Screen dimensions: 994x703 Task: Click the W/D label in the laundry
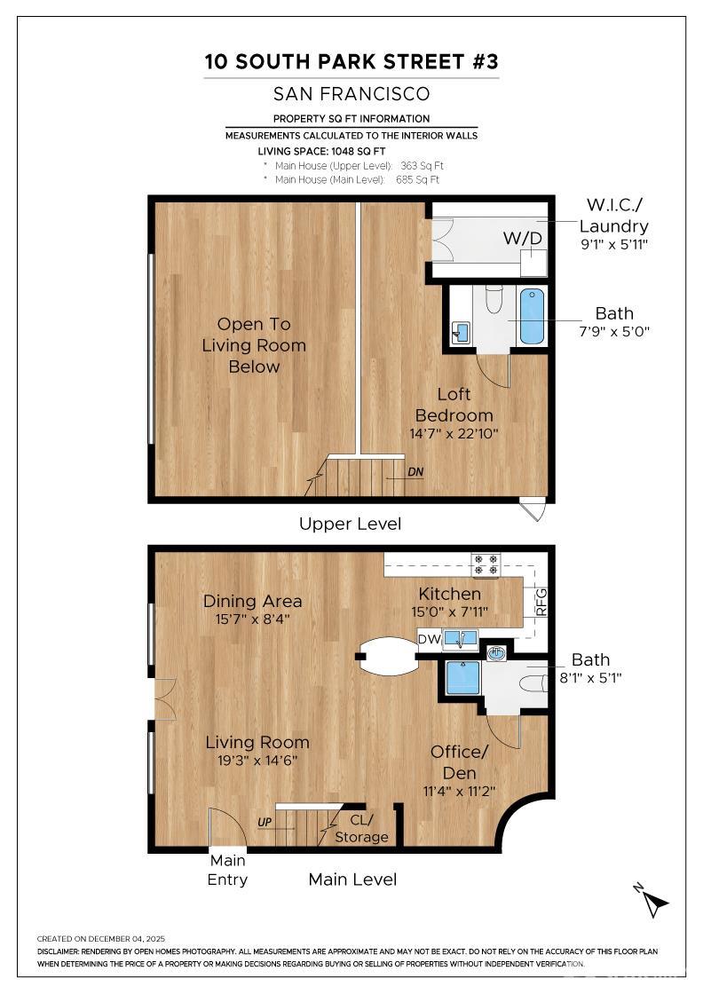click(x=523, y=238)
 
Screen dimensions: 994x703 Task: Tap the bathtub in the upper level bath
click(x=533, y=316)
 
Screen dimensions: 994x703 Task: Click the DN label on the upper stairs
click(x=415, y=471)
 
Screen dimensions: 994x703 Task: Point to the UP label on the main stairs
click(x=265, y=823)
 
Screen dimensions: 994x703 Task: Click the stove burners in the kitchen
click(x=486, y=565)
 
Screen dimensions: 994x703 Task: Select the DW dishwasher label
click(x=430, y=638)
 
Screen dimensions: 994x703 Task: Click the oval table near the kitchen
click(x=388, y=657)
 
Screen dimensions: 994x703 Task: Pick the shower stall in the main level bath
click(x=462, y=677)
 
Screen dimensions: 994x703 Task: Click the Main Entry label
click(x=228, y=870)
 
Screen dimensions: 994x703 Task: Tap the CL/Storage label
click(x=361, y=828)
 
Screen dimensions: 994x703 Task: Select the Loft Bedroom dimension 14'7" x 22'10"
click(x=454, y=434)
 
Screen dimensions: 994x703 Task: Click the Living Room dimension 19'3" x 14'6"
click(x=257, y=761)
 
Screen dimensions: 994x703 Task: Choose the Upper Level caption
click(x=350, y=524)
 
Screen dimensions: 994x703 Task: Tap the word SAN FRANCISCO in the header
click(x=351, y=93)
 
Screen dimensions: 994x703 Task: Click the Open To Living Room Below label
click(x=254, y=345)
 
